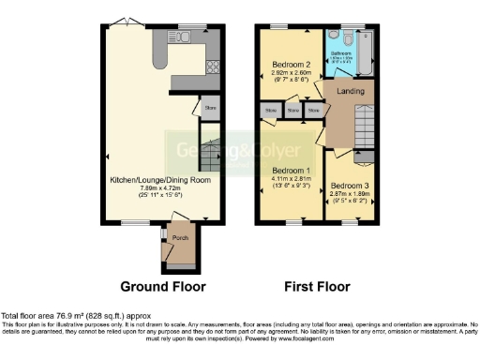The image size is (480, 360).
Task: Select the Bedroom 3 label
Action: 350,186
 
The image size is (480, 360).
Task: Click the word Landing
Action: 350,91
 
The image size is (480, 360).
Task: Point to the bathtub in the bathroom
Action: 367,52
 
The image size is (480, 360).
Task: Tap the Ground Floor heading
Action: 163,286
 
